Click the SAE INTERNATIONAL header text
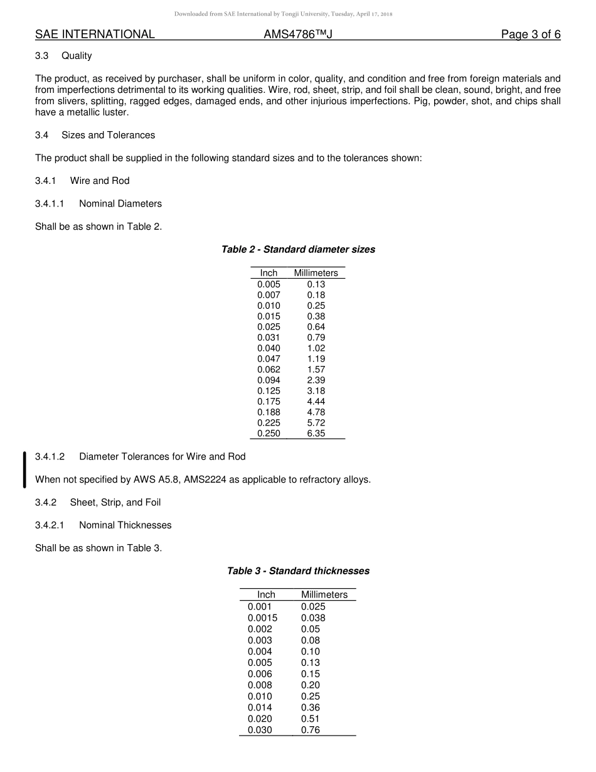95,35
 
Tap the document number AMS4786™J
298,35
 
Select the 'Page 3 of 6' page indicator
530,35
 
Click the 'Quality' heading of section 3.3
77,56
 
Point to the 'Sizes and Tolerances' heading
108,135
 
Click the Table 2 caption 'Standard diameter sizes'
298,250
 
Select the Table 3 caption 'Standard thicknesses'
298,571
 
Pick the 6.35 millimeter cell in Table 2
316,434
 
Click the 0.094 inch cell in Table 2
269,380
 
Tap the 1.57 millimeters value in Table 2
316,370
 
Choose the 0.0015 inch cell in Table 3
262,618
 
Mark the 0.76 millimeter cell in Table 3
311,730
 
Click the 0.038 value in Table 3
313,618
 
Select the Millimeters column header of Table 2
316,273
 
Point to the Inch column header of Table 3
266,594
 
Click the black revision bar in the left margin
24,469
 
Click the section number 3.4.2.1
51,525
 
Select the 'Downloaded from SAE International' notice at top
283,14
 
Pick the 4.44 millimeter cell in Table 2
316,402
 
